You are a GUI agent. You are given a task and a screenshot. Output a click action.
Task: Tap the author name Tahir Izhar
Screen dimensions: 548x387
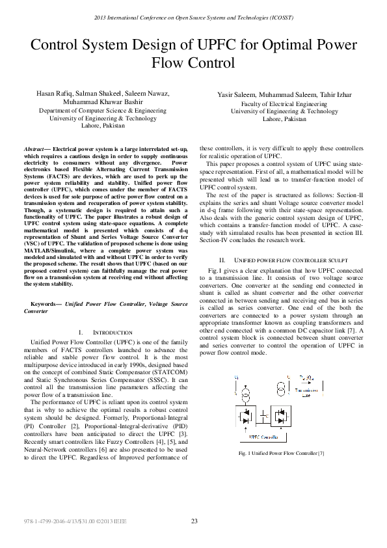tap(336, 95)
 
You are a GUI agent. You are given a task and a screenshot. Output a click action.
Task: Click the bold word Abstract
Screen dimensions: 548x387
tap(33, 149)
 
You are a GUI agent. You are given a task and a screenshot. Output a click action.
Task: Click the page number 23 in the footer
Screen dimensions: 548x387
tap(194, 521)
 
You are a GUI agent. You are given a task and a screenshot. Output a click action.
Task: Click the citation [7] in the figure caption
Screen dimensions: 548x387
tap(320, 453)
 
